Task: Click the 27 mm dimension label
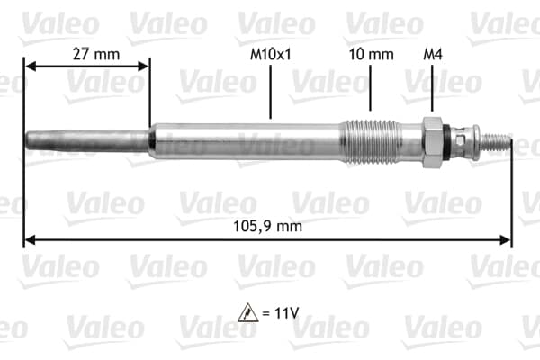tap(95, 54)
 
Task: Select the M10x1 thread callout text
tap(270, 54)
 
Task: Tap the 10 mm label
tap(371, 54)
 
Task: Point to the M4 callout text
tap(433, 54)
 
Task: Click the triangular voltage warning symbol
tap(247, 313)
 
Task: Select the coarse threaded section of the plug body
tap(366, 140)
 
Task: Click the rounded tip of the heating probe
tap(31, 141)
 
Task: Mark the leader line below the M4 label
tap(432, 90)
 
